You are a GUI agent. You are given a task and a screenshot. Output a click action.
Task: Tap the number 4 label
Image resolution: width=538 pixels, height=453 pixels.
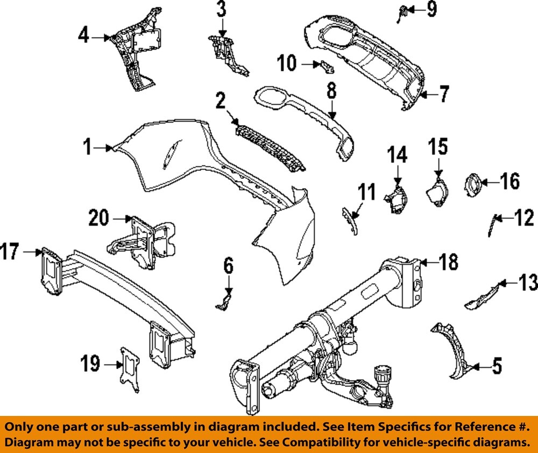pos(83,37)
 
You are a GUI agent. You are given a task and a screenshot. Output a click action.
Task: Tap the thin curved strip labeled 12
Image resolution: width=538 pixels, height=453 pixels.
pos(491,224)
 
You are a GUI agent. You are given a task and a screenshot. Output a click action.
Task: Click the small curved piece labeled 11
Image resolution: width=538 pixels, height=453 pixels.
pos(350,219)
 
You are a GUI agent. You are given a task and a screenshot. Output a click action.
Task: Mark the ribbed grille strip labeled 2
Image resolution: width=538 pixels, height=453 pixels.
pos(266,145)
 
